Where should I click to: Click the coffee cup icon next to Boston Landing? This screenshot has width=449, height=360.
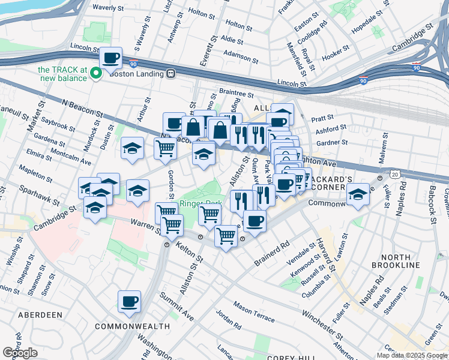tap(110, 58)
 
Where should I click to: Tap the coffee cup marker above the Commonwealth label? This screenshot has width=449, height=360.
tap(129, 302)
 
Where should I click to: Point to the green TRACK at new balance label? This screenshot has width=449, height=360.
tap(61, 74)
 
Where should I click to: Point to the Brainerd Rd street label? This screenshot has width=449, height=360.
tap(272, 253)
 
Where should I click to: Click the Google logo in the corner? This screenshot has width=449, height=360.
tap(20, 353)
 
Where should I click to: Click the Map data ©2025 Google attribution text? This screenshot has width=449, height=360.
tap(412, 355)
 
